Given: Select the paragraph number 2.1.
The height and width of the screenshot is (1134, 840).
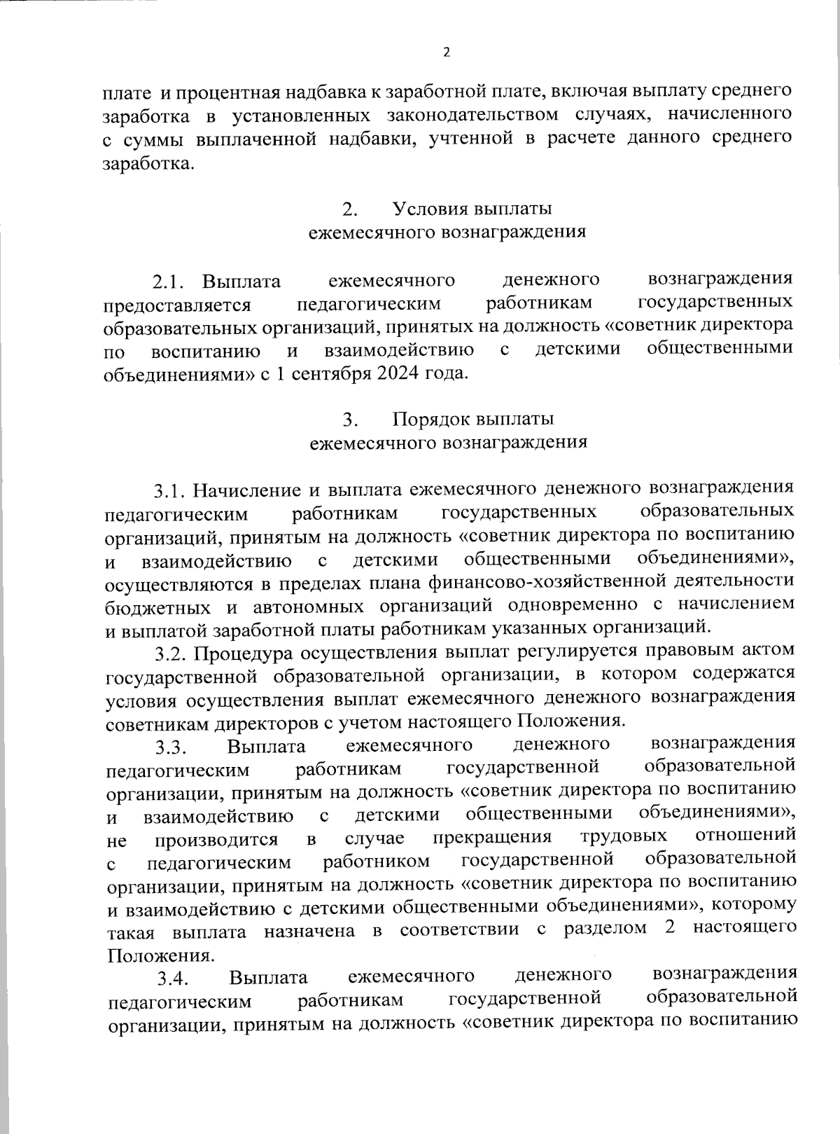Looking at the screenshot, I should coord(168,282).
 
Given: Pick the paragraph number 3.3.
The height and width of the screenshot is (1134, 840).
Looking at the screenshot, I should coord(171,747).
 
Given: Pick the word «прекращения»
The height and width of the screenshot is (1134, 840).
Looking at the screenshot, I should coord(492,838).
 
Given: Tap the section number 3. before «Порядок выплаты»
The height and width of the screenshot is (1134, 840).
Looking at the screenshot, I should coord(351,420).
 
